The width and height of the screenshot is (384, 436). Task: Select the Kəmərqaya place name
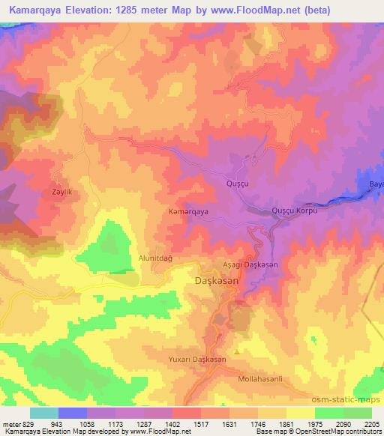coord(187,212)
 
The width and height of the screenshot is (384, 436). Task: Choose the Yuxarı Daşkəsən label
coord(197,360)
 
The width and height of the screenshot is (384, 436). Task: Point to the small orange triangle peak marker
coord(238,351)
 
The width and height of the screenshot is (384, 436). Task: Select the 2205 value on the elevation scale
coord(371,423)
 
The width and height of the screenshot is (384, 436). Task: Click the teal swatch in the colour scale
coord(44,413)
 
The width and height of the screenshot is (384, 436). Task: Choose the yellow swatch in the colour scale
coord(300,413)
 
